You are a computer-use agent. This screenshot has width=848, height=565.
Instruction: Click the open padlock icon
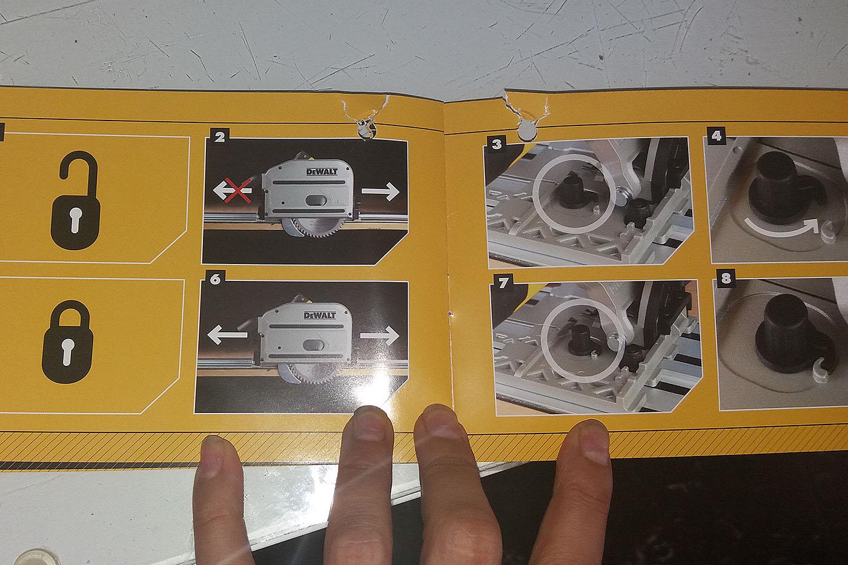(x=76, y=200)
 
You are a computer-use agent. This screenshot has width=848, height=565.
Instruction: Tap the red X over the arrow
(x=237, y=190)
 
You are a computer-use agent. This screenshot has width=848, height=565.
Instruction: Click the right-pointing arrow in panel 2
(x=380, y=191)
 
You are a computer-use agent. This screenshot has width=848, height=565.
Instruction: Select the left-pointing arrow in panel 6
(x=227, y=335)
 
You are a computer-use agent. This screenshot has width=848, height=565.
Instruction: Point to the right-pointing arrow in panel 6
(x=380, y=335)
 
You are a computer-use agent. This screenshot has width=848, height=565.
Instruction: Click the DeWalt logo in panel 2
(x=322, y=172)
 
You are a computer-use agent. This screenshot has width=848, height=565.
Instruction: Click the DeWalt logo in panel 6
(x=320, y=315)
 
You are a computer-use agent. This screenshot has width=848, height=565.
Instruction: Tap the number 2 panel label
(x=219, y=137)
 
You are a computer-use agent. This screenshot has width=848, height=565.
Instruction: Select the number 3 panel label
(x=497, y=145)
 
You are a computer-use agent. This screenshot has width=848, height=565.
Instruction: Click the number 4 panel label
(x=716, y=135)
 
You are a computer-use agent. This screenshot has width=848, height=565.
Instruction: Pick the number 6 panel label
(x=214, y=279)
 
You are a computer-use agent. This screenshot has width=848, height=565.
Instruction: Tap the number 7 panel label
(x=503, y=283)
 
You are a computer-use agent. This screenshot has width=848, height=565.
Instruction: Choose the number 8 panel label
(x=726, y=279)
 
